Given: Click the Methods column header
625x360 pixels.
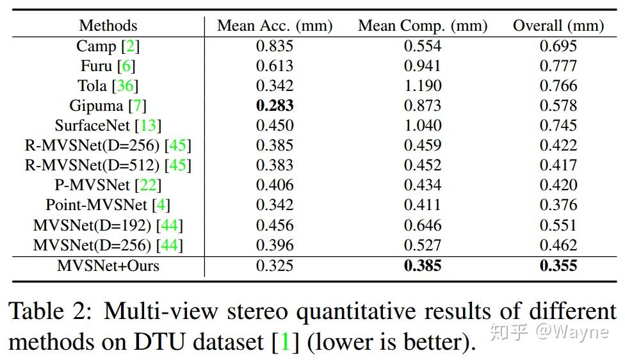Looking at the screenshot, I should tap(108, 26).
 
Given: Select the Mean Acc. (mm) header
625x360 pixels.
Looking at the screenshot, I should tap(275, 26).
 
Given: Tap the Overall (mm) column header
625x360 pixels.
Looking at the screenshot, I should tap(558, 26).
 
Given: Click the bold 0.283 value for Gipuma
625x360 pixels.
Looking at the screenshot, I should tap(275, 106).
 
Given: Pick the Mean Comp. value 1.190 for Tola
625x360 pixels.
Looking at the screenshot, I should tap(422, 86).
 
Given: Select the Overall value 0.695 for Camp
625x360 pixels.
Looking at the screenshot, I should tap(558, 46).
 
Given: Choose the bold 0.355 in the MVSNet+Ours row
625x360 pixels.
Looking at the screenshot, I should tap(558, 265).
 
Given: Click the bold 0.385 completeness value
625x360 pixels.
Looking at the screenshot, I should tap(422, 265).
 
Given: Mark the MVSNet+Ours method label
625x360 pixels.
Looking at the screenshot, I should tap(108, 265).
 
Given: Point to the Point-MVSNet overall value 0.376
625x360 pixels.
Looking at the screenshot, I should tap(558, 205).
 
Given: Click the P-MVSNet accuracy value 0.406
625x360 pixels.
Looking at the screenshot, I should tap(275, 185).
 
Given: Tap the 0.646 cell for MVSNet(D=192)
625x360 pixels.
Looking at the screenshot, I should tap(422, 225).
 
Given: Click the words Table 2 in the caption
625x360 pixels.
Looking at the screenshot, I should tap(47, 312).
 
